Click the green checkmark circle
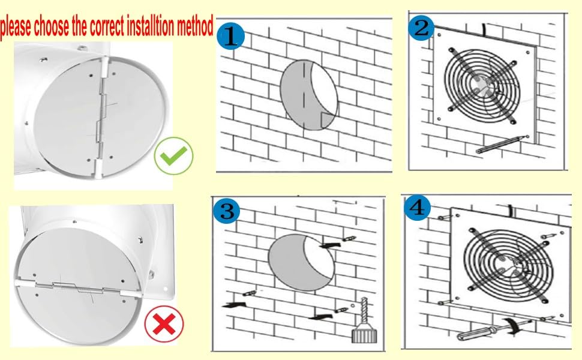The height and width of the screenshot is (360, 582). point(173,157)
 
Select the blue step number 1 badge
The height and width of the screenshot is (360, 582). point(232,38)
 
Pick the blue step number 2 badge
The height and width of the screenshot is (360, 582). point(422,28)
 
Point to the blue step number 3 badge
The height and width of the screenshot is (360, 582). point(227,211)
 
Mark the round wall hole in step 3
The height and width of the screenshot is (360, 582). point(299,262)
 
